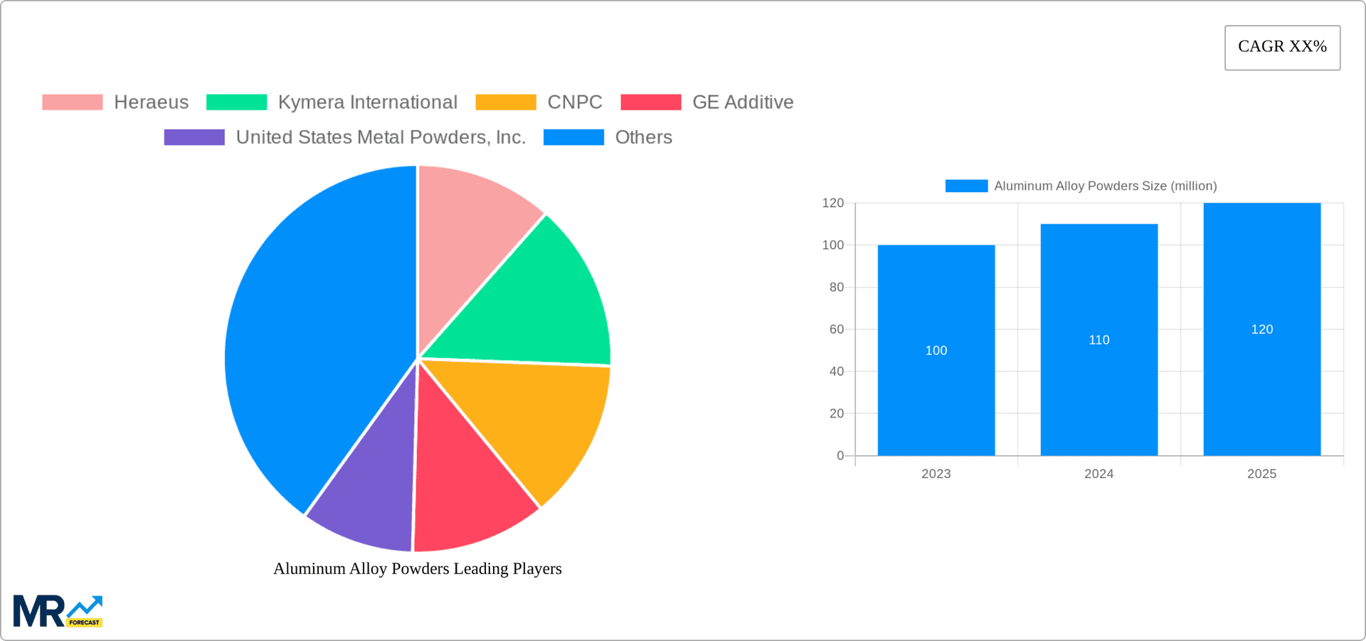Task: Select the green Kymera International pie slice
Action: pyautogui.click(x=541, y=299)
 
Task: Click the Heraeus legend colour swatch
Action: pyautogui.click(x=72, y=102)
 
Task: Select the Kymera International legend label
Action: pyautogui.click(x=367, y=102)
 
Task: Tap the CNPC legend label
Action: pyautogui.click(x=574, y=102)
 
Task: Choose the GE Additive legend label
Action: pyautogui.click(x=742, y=102)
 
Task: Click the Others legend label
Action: pyautogui.click(x=643, y=137)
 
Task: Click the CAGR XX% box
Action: pyautogui.click(x=1282, y=47)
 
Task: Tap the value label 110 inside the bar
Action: pyautogui.click(x=1098, y=340)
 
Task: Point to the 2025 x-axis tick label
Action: pyautogui.click(x=1261, y=474)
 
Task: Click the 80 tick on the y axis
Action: pyautogui.click(x=836, y=287)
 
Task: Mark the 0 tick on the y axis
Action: pyautogui.click(x=840, y=455)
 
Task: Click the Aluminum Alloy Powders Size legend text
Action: pyautogui.click(x=1105, y=186)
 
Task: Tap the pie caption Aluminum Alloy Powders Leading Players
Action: pyautogui.click(x=418, y=568)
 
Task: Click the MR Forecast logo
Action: pyautogui.click(x=58, y=611)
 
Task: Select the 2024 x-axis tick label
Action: pyautogui.click(x=1098, y=474)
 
